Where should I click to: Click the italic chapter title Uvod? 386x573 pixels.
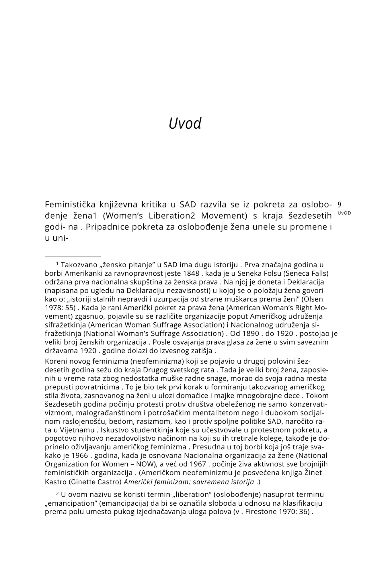pyautogui.click(x=185, y=123)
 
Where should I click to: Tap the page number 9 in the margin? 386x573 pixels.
pyautogui.click(x=339, y=205)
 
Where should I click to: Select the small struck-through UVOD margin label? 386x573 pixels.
pyautogui.click(x=344, y=213)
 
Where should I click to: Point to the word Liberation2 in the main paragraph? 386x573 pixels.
pyautogui.click(x=172, y=215)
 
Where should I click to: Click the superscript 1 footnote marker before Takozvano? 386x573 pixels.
pyautogui.click(x=57, y=263)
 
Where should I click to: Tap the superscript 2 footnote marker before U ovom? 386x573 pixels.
pyautogui.click(x=57, y=493)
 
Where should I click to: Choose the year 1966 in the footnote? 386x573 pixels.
pyautogui.click(x=79, y=456)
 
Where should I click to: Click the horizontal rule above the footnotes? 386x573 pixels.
pyautogui.click(x=73, y=257)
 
